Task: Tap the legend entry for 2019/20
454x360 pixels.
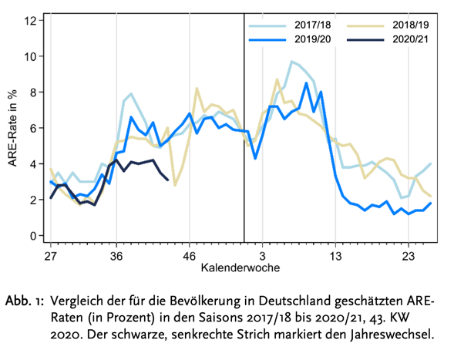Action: point(313,39)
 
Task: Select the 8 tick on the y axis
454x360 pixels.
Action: point(32,92)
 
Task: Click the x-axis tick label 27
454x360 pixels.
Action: point(51,254)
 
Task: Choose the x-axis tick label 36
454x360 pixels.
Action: point(116,254)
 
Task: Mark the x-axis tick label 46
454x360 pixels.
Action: point(189,254)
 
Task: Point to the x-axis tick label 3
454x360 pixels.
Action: point(262,254)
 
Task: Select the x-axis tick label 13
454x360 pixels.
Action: point(335,254)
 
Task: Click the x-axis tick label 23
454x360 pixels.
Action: point(409,254)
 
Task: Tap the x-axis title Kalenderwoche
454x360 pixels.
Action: point(240,267)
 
